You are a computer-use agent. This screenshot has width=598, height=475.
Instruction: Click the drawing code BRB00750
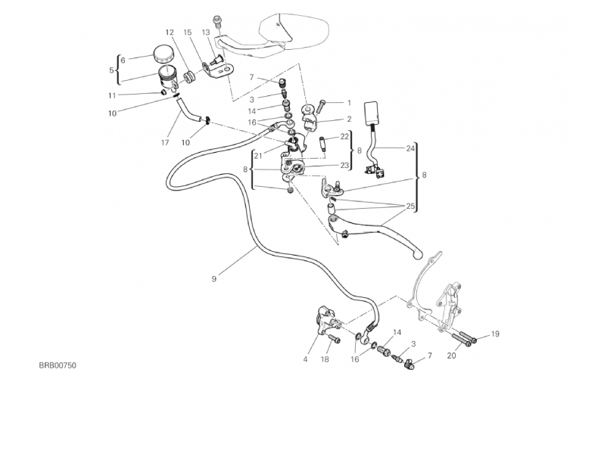58,365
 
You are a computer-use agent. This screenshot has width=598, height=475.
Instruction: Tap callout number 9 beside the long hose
214,279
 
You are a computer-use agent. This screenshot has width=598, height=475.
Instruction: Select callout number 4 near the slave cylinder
306,359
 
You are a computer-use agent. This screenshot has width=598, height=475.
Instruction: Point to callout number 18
325,359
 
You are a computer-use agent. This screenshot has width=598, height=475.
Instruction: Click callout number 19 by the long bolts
495,334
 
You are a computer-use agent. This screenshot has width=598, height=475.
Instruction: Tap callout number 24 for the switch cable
410,148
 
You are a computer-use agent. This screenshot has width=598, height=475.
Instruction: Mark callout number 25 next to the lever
410,206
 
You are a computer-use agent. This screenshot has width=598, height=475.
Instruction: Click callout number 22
344,136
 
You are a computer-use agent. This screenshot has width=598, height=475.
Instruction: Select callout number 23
344,165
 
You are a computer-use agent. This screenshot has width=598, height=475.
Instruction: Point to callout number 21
257,155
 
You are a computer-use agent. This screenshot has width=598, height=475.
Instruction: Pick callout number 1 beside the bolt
349,102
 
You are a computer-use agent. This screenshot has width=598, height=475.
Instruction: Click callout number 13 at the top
205,32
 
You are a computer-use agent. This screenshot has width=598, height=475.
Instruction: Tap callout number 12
170,33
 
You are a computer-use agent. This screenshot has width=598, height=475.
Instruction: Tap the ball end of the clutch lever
416,256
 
